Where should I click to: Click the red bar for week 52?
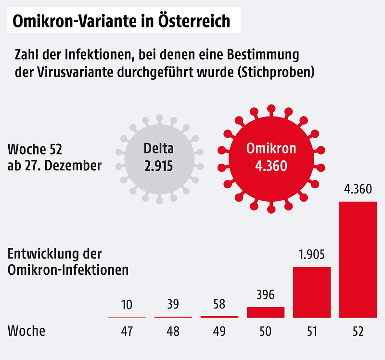tap(358, 259)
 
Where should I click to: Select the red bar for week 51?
tap(312, 292)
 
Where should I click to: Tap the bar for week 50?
tap(266, 312)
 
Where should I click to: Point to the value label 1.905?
tap(312, 255)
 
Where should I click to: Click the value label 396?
tap(266, 295)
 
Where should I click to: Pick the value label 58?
tap(219, 305)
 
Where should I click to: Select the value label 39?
tap(173, 305)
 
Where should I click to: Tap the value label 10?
tap(127, 305)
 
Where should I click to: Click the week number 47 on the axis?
tap(127, 332)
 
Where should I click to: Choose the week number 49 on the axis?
tap(219, 332)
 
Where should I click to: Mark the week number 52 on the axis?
tap(358, 332)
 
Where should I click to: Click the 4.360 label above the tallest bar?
tap(358, 189)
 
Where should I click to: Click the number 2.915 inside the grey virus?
tap(158, 167)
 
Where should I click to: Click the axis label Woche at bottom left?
tap(26, 331)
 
